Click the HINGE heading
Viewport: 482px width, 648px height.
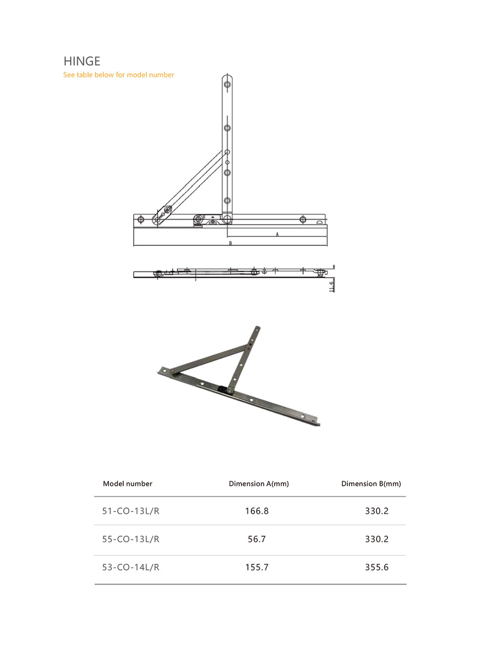tap(82, 61)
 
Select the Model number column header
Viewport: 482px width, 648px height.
tap(128, 484)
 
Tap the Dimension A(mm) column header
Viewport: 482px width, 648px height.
tap(259, 484)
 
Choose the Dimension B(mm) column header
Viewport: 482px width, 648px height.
tap(371, 484)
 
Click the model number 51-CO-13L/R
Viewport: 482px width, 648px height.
tap(131, 511)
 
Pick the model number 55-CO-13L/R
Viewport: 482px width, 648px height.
tap(131, 539)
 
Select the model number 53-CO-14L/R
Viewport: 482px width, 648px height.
tap(131, 567)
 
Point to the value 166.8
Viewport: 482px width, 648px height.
tap(257, 511)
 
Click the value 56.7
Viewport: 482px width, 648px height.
tap(257, 539)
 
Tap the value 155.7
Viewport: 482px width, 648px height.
tap(257, 567)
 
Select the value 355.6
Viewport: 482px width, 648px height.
tap(377, 567)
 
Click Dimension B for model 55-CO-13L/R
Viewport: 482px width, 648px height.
tap(377, 539)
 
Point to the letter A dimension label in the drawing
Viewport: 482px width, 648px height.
tap(277, 234)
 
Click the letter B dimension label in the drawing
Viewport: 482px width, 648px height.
tap(230, 243)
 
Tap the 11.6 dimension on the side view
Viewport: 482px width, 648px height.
tap(332, 286)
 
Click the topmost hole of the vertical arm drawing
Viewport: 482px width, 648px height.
tap(227, 84)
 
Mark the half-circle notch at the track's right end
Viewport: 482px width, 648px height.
tap(320, 222)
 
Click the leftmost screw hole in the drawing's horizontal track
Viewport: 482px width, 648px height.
tap(141, 219)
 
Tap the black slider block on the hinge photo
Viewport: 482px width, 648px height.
tap(226, 389)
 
